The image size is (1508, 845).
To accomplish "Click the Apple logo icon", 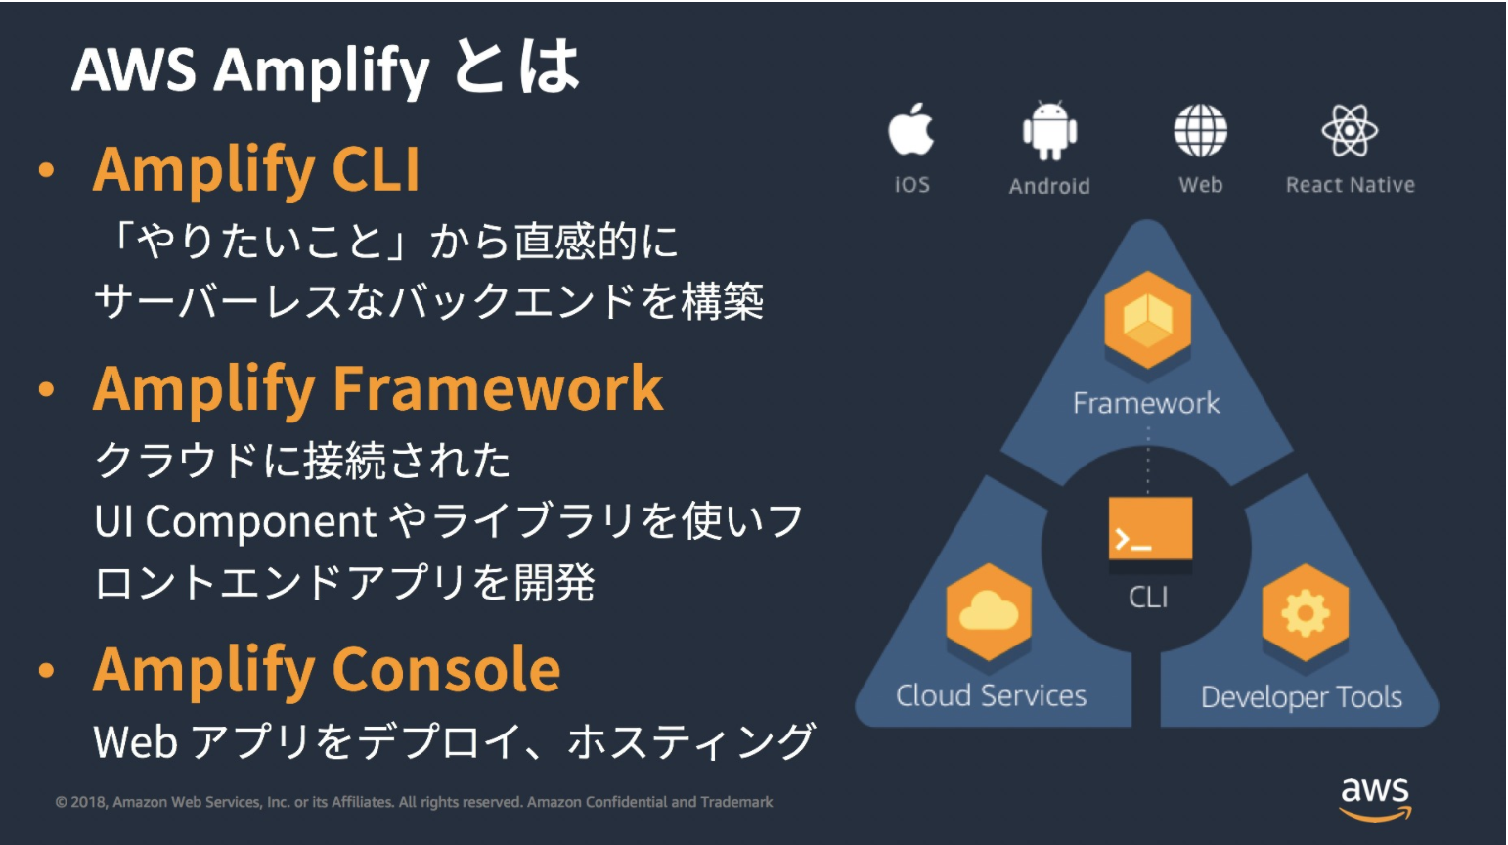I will [x=910, y=130].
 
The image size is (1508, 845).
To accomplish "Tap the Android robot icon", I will [x=1049, y=130].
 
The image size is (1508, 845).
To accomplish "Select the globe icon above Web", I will [x=1200, y=130].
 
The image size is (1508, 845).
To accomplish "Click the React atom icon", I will [x=1350, y=130].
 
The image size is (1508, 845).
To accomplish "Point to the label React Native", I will [x=1350, y=185].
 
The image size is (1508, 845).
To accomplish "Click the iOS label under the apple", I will [x=911, y=185].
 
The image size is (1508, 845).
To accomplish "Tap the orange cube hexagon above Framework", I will [x=1147, y=321].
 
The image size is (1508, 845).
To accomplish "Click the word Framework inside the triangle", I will [x=1146, y=403].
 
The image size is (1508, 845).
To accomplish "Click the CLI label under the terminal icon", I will [x=1148, y=598].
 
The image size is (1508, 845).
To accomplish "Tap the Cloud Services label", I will [x=991, y=695].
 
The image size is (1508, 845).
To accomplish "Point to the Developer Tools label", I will [x=1301, y=697].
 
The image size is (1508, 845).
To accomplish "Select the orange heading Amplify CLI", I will [x=256, y=169].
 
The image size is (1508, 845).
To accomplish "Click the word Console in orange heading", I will [x=447, y=670].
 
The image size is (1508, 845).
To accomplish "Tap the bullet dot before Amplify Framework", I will [x=46, y=389].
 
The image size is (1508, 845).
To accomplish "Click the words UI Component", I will [x=236, y=521].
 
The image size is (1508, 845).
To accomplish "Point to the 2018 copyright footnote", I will [x=414, y=802].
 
